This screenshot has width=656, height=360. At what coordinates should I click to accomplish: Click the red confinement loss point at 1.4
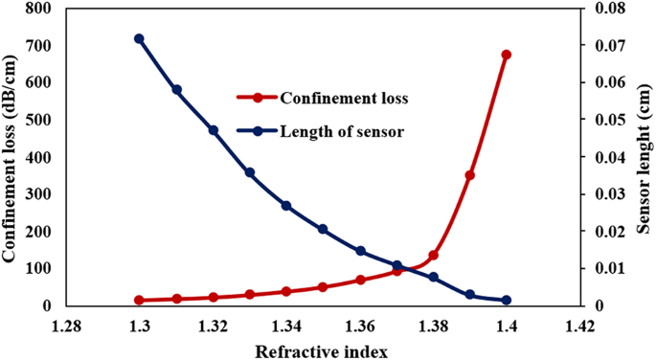(507, 55)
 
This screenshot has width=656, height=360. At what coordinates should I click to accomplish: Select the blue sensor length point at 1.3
(139, 39)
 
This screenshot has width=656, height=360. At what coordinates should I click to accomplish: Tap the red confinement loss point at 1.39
(470, 175)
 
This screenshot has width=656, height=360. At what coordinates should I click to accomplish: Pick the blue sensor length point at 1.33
(250, 173)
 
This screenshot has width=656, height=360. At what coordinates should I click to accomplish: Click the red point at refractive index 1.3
(139, 301)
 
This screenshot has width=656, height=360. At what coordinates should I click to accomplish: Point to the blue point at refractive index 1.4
(507, 301)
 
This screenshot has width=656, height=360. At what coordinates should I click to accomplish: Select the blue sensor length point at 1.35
(323, 230)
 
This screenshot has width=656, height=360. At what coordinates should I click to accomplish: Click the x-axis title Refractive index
(323, 349)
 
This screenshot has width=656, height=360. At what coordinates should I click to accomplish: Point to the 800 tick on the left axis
(39, 9)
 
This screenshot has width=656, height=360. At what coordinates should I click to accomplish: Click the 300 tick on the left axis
(39, 194)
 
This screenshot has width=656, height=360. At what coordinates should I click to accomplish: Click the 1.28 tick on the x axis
(66, 326)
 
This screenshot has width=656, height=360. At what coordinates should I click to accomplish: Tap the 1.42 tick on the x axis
(579, 326)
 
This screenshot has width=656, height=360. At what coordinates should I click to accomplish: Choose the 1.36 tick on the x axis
(360, 326)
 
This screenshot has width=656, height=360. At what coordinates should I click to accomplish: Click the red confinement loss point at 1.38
(433, 256)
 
